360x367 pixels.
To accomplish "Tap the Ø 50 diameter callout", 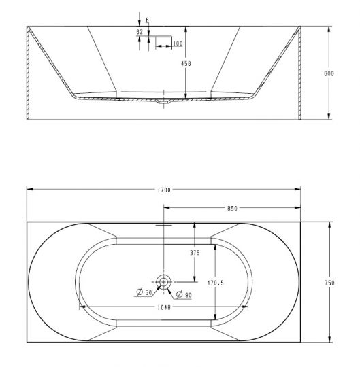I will [143, 293].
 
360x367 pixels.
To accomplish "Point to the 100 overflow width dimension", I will [177, 44].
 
